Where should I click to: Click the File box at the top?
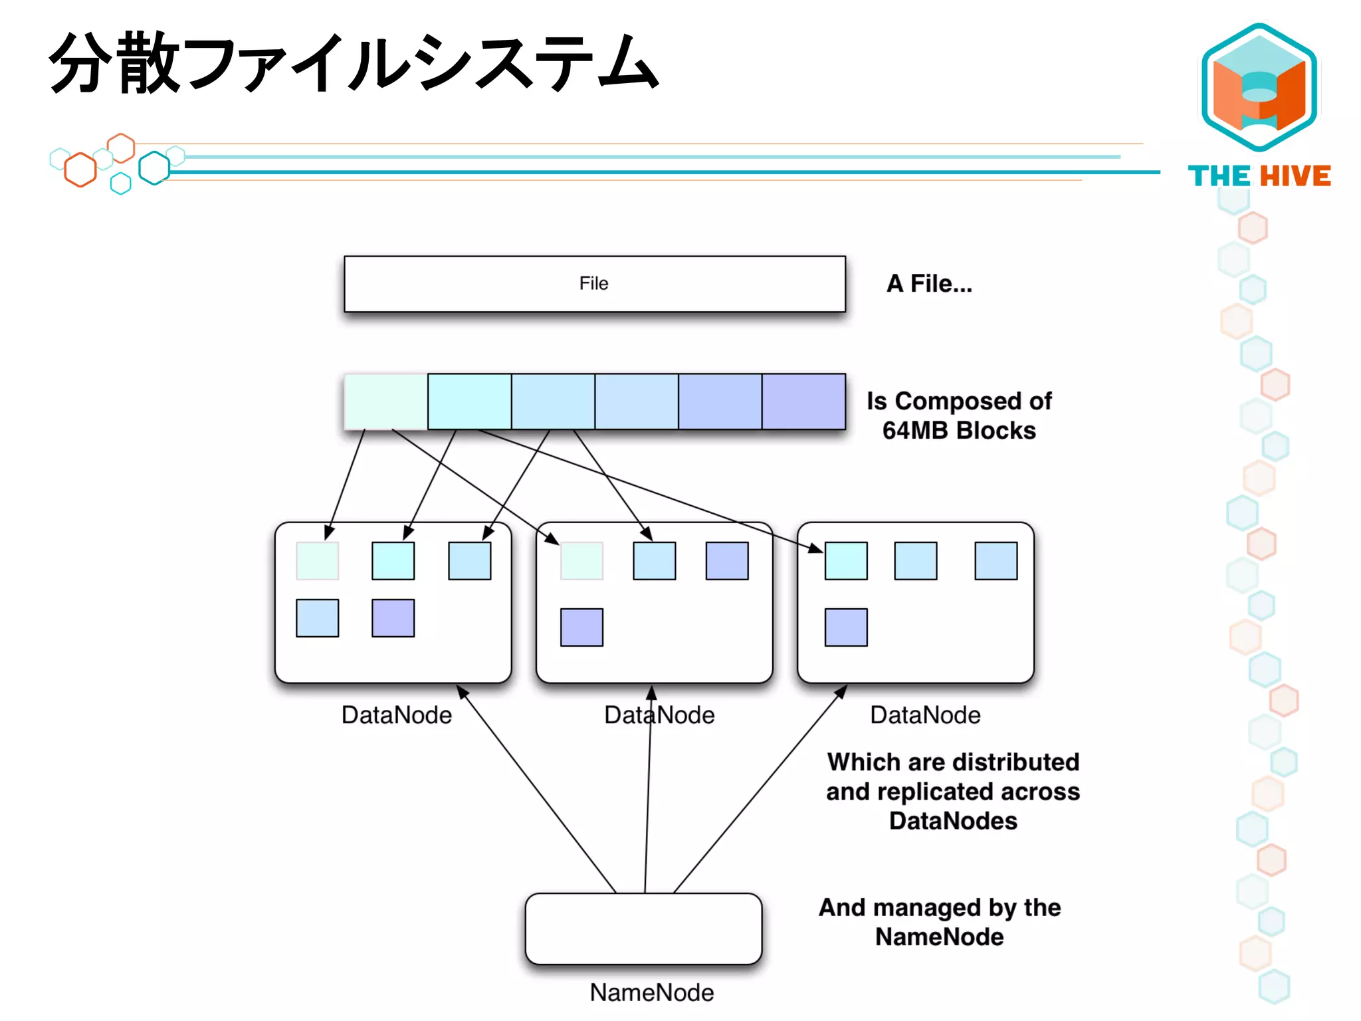click(594, 284)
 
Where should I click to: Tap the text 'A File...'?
click(929, 284)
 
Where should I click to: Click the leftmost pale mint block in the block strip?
click(385, 401)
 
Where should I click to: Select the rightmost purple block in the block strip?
click(803, 401)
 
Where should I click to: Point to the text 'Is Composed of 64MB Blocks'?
click(958, 415)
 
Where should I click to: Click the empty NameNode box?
click(643, 929)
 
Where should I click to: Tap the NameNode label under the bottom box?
click(651, 992)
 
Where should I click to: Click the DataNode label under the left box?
click(396, 715)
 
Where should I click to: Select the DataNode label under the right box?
click(925, 715)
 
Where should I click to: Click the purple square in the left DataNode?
click(393, 618)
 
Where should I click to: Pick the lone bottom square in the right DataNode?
click(845, 627)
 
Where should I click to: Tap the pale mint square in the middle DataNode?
click(581, 561)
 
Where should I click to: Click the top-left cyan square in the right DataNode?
click(845, 561)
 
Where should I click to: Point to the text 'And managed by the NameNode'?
click(939, 922)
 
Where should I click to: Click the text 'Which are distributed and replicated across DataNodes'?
click(953, 791)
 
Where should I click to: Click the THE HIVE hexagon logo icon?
click(1259, 86)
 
